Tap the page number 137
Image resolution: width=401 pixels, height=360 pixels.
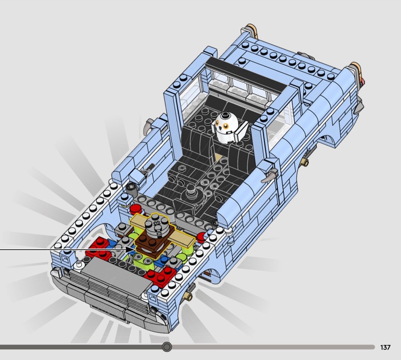pyautogui.click(x=385, y=347)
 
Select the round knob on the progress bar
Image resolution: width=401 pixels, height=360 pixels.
pyautogui.click(x=167, y=347)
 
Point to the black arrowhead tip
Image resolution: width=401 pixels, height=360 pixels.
pyautogui.click(x=134, y=249)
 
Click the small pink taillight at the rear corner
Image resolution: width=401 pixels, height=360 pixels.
pyautogui.click(x=362, y=82)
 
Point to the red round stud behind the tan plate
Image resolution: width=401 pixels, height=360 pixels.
pyautogui.click(x=135, y=210)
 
